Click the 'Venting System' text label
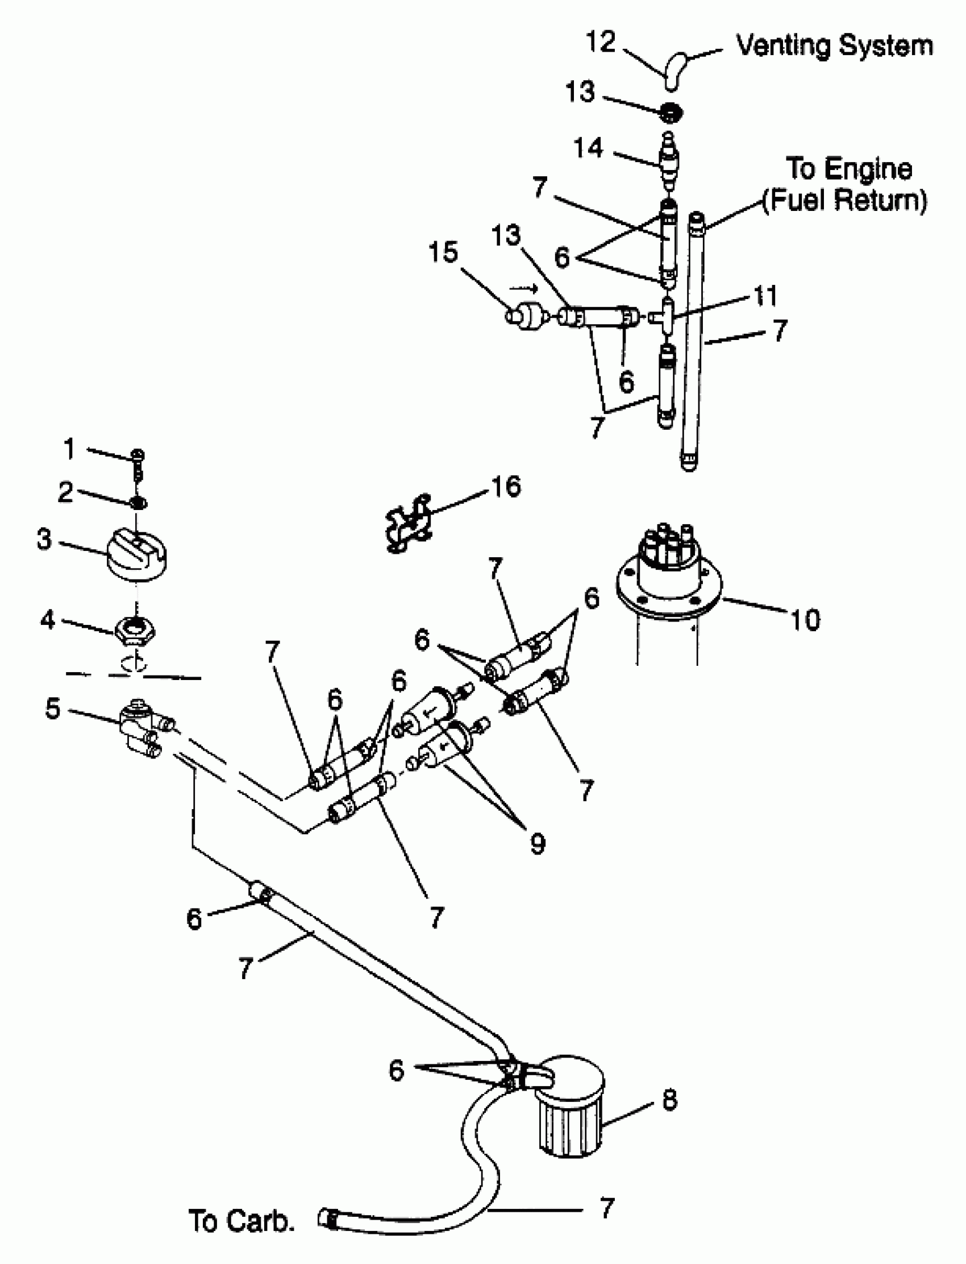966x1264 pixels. click(834, 45)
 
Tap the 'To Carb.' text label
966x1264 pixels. click(241, 1220)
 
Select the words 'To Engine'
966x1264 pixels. click(849, 169)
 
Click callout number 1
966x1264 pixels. click(69, 449)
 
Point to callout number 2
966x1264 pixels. click(65, 492)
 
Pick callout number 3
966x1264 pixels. click(44, 539)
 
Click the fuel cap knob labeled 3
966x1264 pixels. click(137, 554)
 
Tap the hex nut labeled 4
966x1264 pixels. click(135, 632)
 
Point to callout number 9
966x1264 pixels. click(538, 843)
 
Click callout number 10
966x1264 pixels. click(805, 620)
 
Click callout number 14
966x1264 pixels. click(589, 148)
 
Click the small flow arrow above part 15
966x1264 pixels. click(524, 288)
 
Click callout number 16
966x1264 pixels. click(506, 487)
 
